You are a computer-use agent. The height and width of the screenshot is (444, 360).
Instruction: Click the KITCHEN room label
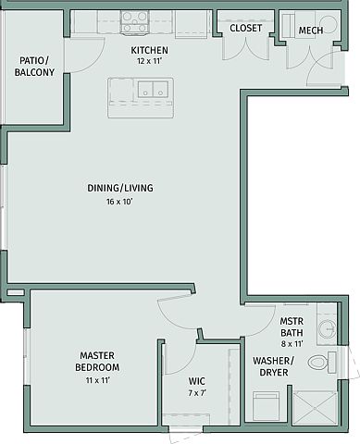149,50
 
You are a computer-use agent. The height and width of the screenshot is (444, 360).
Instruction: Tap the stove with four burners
134,21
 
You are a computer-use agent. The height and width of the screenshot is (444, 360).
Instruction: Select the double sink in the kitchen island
153,89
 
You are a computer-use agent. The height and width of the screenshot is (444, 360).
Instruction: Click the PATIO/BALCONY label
34,67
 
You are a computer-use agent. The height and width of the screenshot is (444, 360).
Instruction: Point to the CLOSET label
246,28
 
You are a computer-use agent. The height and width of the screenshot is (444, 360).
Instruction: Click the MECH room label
311,31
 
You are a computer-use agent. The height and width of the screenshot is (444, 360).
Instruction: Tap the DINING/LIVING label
120,188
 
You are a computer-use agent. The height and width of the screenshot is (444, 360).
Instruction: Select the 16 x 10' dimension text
119,202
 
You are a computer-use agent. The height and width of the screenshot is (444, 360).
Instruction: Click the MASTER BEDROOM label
97,362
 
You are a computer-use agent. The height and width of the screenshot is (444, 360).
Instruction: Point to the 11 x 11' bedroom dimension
98,380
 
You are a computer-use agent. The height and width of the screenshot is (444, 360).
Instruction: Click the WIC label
197,381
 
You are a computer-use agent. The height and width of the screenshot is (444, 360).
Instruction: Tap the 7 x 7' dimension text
197,393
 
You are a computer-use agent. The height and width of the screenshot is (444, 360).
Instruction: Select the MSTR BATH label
292,327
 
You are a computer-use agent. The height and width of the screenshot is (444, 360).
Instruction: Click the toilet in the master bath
321,362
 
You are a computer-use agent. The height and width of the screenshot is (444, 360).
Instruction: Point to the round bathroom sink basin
327,328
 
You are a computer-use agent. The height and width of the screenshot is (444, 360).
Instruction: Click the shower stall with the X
315,408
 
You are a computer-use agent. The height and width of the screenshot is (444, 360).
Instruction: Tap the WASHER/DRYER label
273,366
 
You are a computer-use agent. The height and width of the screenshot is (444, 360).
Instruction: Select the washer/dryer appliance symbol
266,406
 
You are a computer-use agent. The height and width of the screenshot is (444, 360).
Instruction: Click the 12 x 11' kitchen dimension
150,61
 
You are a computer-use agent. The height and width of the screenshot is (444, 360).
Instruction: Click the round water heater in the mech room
327,24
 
